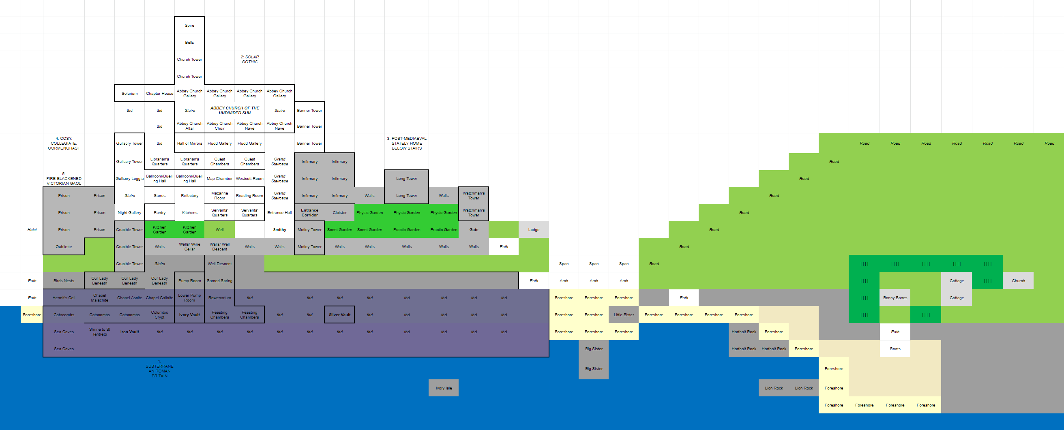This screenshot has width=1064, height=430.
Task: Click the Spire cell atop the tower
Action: tap(189, 26)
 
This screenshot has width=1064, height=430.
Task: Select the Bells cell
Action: tap(189, 43)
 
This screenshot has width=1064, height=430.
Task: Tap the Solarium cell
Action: tap(129, 94)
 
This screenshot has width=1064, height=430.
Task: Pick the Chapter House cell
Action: tap(159, 94)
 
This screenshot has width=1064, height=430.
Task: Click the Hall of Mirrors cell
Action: tap(189, 143)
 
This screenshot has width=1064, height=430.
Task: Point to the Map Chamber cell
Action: tap(219, 179)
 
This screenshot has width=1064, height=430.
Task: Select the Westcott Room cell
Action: tap(249, 179)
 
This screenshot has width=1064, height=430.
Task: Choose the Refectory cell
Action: tap(189, 196)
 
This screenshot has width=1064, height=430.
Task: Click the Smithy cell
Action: tap(280, 230)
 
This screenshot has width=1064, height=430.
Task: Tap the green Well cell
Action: tap(219, 230)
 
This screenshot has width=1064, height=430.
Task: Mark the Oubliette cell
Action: tap(64, 247)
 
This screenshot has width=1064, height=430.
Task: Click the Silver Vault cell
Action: tap(339, 315)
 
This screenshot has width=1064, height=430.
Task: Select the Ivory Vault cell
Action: tap(189, 315)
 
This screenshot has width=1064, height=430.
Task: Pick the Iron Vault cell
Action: tap(129, 332)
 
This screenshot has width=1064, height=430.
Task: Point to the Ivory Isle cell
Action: tap(444, 388)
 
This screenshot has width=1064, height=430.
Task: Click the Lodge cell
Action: tap(534, 230)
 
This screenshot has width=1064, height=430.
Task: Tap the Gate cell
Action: tap(474, 230)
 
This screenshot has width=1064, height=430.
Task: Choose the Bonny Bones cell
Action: tap(895, 298)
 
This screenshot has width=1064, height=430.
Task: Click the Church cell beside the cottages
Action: tap(1018, 281)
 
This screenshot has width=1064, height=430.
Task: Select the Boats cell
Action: tap(895, 349)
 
